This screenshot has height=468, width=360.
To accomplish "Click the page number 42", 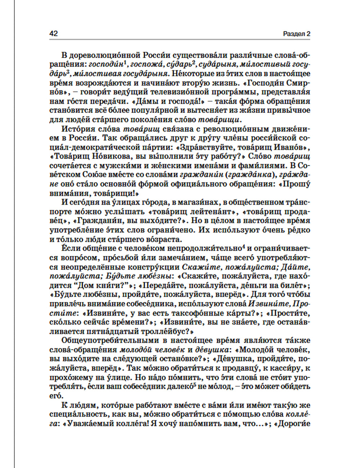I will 53,33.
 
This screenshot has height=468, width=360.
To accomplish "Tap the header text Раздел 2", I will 296,34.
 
